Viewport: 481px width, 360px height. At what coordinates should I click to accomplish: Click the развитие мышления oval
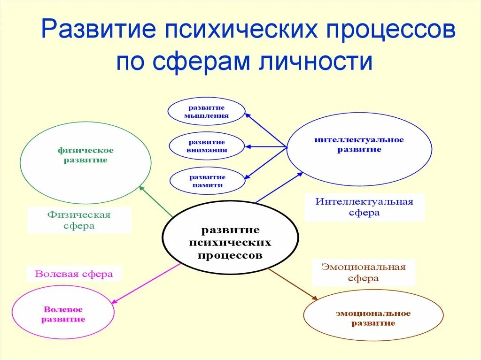[207, 111]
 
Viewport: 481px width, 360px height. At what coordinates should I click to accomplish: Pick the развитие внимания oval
[207, 146]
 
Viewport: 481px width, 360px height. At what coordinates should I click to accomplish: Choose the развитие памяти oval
[207, 181]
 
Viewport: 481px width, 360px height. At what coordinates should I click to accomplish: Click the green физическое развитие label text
[85, 155]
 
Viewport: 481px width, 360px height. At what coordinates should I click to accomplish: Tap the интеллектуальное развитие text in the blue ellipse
[359, 145]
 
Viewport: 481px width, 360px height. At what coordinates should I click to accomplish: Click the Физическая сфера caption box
[79, 220]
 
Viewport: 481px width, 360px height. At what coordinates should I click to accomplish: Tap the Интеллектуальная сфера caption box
[364, 207]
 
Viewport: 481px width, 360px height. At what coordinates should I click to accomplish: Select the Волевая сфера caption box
[74, 274]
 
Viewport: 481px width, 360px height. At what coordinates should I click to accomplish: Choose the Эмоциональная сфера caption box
[363, 272]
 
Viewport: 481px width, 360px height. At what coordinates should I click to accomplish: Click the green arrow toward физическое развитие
[156, 201]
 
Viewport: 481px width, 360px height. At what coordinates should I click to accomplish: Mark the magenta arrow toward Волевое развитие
[146, 283]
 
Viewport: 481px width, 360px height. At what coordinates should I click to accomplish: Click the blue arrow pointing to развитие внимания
[266, 147]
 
